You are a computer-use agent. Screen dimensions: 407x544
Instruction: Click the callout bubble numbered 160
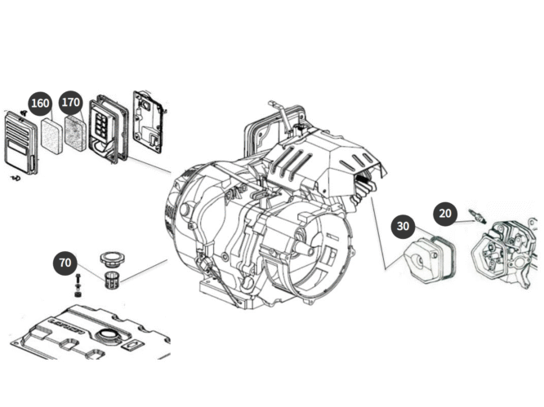(x=40, y=104)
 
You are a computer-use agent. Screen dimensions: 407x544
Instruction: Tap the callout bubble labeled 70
(x=66, y=262)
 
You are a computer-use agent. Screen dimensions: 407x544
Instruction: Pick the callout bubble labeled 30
(x=403, y=226)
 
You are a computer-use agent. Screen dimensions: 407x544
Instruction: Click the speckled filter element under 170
(x=75, y=133)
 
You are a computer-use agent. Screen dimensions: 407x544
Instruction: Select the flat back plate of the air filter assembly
(x=149, y=122)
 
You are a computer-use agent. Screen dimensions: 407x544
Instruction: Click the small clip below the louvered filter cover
(x=14, y=177)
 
